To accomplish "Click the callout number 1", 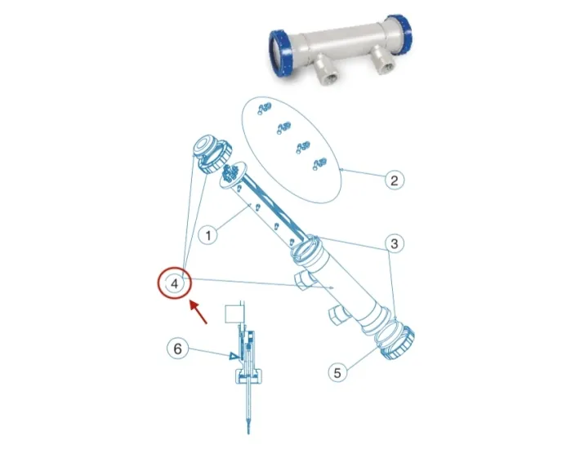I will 208,236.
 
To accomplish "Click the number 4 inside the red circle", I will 174,283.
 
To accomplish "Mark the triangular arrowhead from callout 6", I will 234,356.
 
